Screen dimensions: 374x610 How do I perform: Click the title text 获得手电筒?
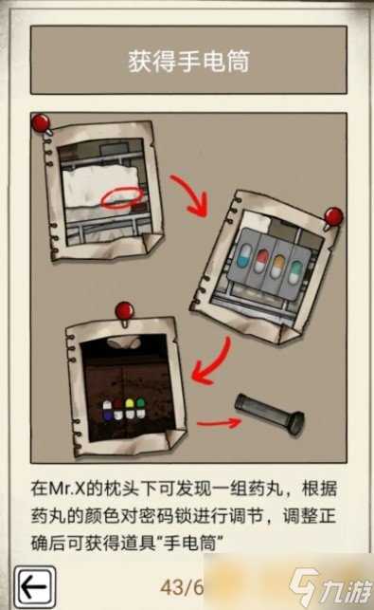pyautogui.click(x=188, y=61)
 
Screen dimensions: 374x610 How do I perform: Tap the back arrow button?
pyautogui.click(x=35, y=587)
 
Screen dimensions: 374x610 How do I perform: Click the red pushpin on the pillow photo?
pyautogui.click(x=41, y=123)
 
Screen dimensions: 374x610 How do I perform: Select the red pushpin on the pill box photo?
pyautogui.click(x=333, y=217)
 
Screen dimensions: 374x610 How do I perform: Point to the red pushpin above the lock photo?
pyautogui.click(x=125, y=312)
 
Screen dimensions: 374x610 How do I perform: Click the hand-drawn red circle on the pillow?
pyautogui.click(x=122, y=197)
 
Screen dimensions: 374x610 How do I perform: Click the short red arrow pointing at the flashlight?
pyautogui.click(x=219, y=422)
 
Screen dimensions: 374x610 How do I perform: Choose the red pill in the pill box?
pyautogui.click(x=261, y=261)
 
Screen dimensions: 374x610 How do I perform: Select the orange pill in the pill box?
pyautogui.click(x=277, y=267)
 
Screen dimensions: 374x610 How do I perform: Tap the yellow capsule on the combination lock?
pyautogui.click(x=130, y=408)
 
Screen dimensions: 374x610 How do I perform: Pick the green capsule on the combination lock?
pyautogui.click(x=140, y=408)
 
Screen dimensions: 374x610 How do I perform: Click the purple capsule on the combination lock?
pyautogui.click(x=107, y=411)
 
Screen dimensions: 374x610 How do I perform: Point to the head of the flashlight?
pyautogui.click(x=297, y=424)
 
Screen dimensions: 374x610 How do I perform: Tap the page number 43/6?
pyautogui.click(x=182, y=587)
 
